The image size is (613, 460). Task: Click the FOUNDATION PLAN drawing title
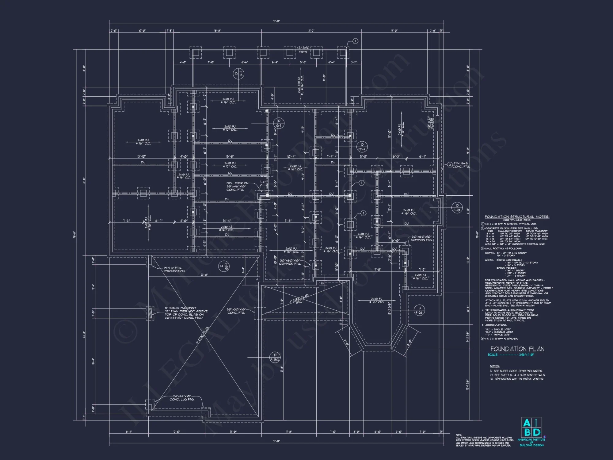517,349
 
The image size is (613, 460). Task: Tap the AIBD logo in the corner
531,428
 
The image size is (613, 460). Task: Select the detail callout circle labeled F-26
419,310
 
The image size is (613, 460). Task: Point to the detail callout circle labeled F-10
457,208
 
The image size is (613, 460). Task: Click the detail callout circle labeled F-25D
275,357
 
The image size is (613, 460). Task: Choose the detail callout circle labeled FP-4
362,147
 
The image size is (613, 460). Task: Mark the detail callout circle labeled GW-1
224,266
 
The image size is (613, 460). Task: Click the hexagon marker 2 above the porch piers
355,41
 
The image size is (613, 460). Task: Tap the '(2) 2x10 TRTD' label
303,50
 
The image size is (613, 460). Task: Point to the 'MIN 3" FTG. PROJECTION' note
174,269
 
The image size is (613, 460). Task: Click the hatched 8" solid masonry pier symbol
150,313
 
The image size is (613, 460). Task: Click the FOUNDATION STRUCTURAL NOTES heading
517,217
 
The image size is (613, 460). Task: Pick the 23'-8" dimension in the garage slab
204,275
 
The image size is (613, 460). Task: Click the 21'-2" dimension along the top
311,31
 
